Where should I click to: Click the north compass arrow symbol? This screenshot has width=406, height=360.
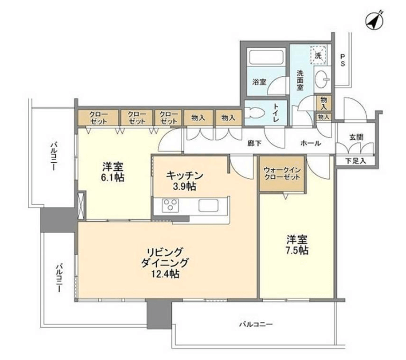click(375, 20)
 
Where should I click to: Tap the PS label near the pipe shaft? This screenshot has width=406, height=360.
click(342, 60)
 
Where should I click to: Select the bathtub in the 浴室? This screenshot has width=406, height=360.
click(266, 57)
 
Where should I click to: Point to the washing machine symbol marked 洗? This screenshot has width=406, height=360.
click(318, 55)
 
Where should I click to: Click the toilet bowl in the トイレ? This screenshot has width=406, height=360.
click(255, 113)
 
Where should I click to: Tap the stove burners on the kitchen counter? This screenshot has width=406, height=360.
click(170, 204)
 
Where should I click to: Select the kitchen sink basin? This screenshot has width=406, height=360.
click(208, 206)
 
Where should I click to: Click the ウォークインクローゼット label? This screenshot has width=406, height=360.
click(282, 174)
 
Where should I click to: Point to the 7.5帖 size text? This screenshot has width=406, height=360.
click(297, 250)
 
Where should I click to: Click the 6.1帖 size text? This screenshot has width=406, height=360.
click(113, 178)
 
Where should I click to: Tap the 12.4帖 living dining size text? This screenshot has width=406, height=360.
click(165, 274)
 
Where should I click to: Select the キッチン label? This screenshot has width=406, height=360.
click(185, 175)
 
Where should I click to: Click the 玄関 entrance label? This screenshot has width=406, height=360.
click(356, 137)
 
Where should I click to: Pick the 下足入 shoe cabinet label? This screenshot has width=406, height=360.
click(356, 161)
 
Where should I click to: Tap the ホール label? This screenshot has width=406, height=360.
click(311, 143)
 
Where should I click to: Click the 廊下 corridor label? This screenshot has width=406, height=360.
click(254, 143)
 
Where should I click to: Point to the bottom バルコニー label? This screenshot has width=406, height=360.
click(256, 324)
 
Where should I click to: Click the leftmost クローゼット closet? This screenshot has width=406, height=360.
click(98, 118)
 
